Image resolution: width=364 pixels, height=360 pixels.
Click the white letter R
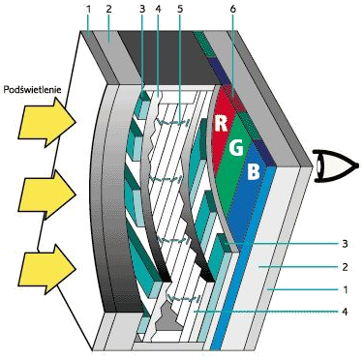[221, 125]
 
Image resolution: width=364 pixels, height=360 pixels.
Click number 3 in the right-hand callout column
[346, 242]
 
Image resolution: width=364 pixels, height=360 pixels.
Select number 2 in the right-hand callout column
[346, 264]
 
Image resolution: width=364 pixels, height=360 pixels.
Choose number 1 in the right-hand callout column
[346, 287]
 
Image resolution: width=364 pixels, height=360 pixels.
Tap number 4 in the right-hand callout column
[346, 311]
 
